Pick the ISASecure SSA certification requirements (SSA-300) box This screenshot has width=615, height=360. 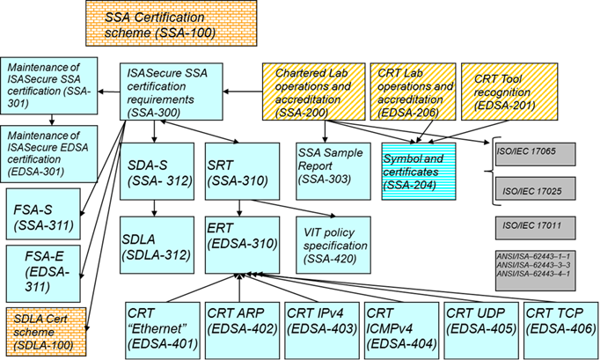[x=171, y=92]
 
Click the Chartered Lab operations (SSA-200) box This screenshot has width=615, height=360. [x=312, y=92]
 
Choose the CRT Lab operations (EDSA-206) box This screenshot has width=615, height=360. [x=413, y=92]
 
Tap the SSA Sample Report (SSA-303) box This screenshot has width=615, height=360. [x=332, y=166]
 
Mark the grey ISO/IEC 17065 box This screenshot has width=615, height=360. [x=534, y=154]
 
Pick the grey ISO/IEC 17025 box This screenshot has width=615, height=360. [x=534, y=190]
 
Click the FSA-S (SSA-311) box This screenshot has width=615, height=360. [x=42, y=215]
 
